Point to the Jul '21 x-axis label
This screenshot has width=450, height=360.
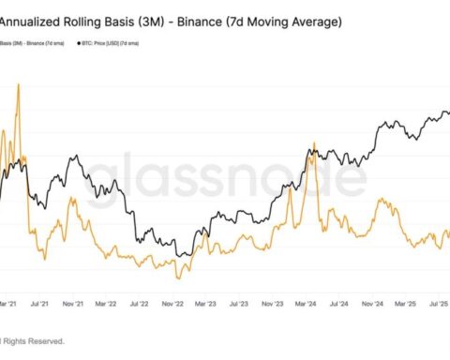tap(40, 305)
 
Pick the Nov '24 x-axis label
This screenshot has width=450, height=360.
tap(372, 305)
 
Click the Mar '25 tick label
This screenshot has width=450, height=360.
tap(405, 305)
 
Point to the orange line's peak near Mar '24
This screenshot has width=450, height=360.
tap(314, 143)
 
